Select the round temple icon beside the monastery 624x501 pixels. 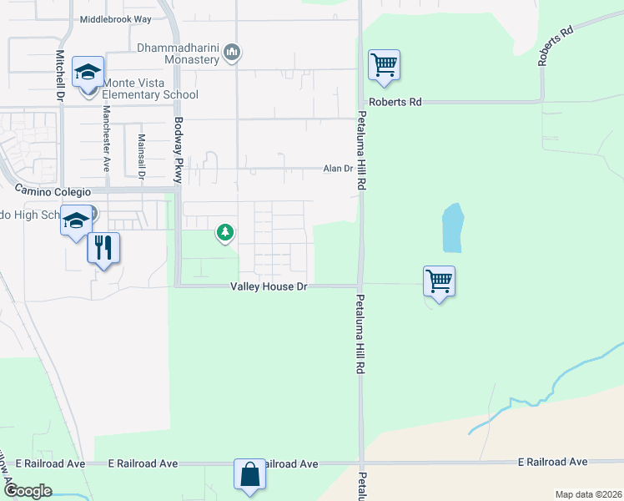(233, 54)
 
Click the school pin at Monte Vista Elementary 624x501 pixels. (88, 73)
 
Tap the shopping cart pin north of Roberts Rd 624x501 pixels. (384, 64)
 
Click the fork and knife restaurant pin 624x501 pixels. (103, 248)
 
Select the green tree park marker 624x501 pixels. (224, 233)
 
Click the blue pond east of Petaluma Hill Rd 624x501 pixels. (452, 228)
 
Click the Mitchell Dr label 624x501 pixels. (60, 76)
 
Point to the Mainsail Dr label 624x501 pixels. (141, 158)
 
